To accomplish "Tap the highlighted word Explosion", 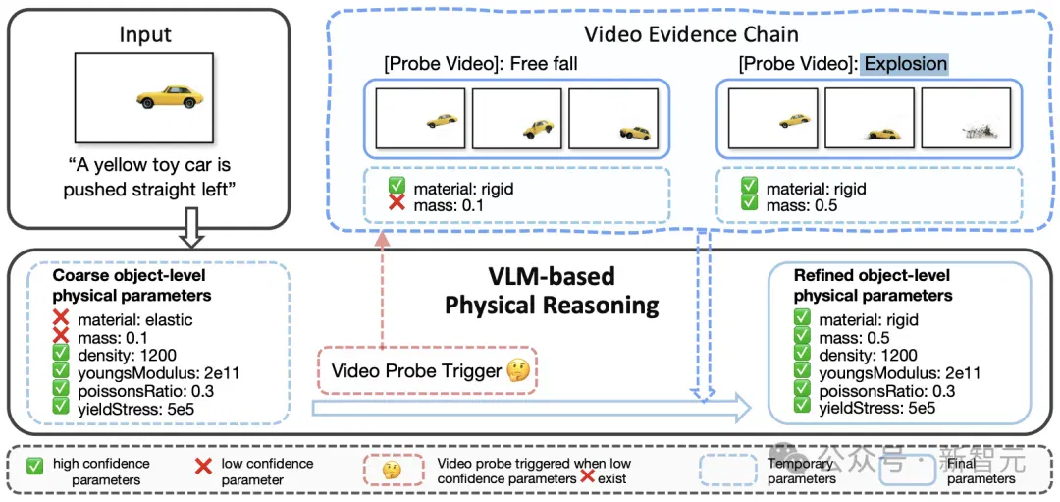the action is coord(906,64).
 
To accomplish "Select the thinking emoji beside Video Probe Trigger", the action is coord(520,370).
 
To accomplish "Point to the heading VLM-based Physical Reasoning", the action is coord(551,291).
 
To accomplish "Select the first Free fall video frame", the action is coord(420,118).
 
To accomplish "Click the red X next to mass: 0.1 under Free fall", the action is coord(397,204).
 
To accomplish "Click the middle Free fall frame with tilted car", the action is coord(516,118).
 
